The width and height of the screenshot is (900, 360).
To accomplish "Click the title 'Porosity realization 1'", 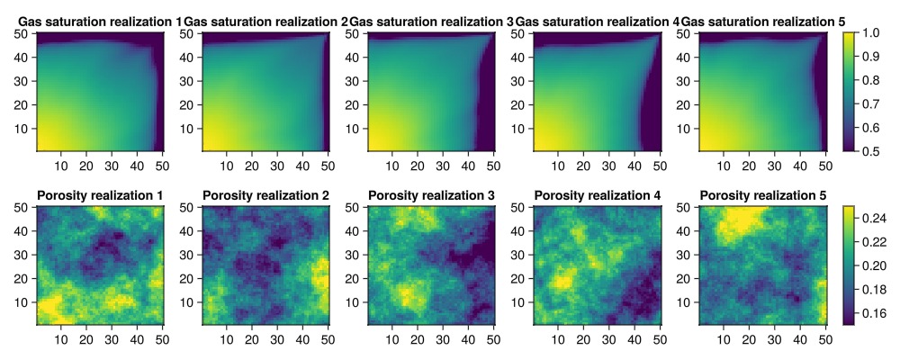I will coord(100,195).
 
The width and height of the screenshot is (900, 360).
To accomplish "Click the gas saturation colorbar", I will coord(849,91).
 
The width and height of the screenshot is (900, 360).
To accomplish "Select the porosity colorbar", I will coord(849,265).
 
